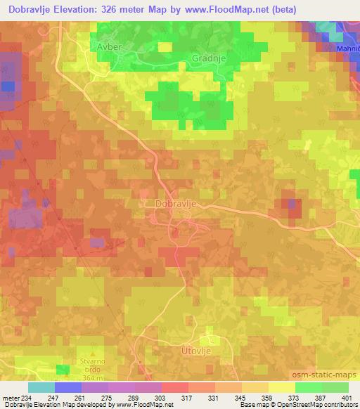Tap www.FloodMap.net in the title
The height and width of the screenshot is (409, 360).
[223, 10]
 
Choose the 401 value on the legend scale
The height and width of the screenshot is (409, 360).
[347, 398]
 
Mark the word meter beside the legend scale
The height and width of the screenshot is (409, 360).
[11, 398]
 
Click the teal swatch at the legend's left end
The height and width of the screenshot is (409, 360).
[41, 387]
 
